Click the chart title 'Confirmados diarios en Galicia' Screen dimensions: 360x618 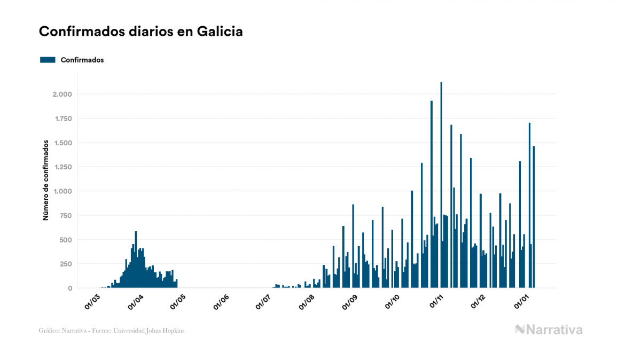point(141,32)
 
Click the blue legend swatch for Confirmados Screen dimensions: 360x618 point(48,60)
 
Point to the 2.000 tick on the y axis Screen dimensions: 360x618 point(62,95)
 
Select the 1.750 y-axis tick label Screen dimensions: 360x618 point(62,119)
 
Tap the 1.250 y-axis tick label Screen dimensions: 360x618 point(62,167)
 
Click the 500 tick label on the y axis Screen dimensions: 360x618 point(65,240)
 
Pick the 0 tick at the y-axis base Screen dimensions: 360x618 point(70,288)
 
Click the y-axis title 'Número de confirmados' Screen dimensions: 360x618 point(46,180)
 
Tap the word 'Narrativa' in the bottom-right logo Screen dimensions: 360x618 point(555,330)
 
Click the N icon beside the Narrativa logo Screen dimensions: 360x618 point(520,330)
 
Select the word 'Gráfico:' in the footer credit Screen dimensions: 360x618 point(48,331)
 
